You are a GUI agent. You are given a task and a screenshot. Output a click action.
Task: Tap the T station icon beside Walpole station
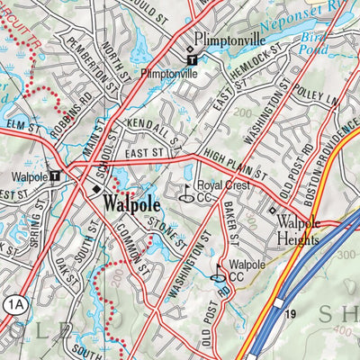point(55,177)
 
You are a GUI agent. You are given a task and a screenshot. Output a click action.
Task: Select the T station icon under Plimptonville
point(191,61)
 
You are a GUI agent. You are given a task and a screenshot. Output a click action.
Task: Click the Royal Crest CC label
point(220,191)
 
